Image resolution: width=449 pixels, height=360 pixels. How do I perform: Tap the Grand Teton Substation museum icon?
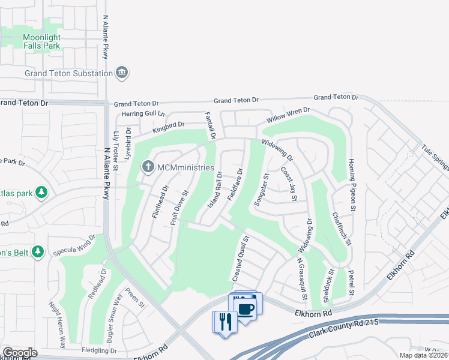click(x=122, y=73)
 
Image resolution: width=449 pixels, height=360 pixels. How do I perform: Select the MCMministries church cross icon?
click(x=146, y=166)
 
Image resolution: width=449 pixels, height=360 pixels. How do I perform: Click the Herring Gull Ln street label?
click(x=142, y=113)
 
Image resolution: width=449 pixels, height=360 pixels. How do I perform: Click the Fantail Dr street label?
click(x=209, y=125)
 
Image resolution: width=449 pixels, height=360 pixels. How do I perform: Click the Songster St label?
click(x=261, y=190)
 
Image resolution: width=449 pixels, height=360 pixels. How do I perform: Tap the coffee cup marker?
click(x=246, y=308)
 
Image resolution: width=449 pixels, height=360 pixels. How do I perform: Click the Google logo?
click(x=20, y=353)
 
